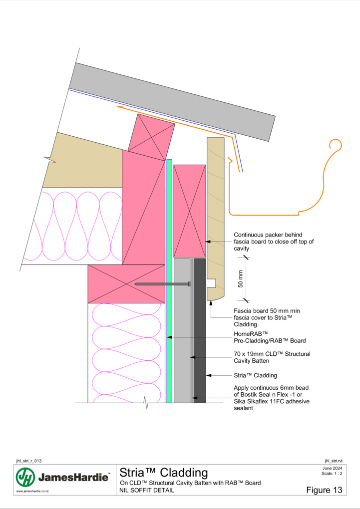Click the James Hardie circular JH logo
tap(25, 477)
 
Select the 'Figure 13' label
tap(324, 490)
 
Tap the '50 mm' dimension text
tap(241, 279)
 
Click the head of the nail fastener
tap(189, 284)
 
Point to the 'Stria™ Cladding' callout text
tap(255, 375)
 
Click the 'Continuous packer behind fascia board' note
tap(274, 242)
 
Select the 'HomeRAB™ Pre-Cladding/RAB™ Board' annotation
tap(270, 337)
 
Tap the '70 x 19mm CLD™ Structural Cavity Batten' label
tap(272, 357)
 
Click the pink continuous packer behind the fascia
tap(189, 211)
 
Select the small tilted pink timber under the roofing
tap(151, 137)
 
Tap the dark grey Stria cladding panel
tap(200, 330)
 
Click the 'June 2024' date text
tap(332, 468)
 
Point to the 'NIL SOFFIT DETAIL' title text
tap(147, 490)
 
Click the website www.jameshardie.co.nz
tap(32, 492)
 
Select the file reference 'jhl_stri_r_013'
tap(28, 461)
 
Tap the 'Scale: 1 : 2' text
tap(332, 473)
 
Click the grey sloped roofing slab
tap(172, 102)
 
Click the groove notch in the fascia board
tap(212, 283)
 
